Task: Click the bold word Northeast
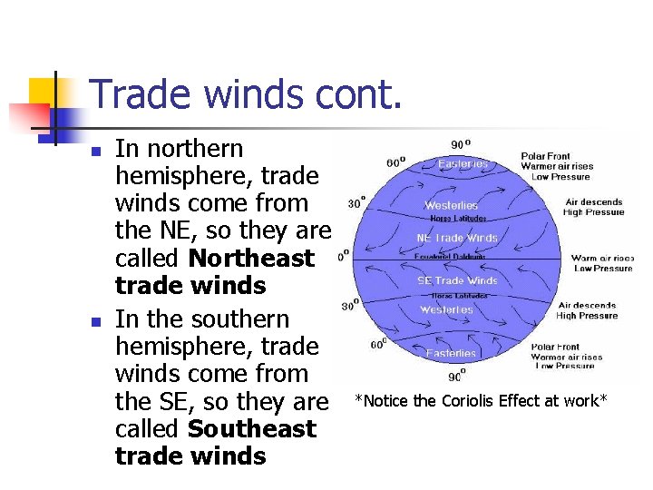coord(251,259)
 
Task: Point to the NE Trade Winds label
coord(457,239)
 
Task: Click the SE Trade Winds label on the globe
coord(457,280)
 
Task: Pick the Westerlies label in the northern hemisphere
coord(451,206)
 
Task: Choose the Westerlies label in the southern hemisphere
coord(446,310)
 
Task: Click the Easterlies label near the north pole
coord(463,164)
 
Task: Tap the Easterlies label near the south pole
coord(451,353)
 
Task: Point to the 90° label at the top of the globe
coord(461,144)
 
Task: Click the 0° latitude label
coord(343,257)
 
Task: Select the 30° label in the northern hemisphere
coord(356,202)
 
